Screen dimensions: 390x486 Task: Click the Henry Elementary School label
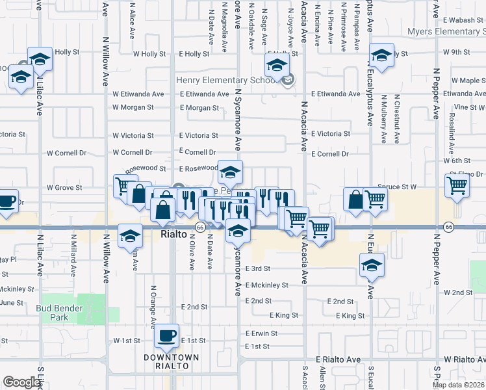tap(226, 81)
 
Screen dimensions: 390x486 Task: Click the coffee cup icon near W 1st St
tap(168, 335)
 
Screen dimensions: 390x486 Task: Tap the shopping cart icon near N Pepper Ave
tap(457, 185)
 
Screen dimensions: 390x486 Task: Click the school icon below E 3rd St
tap(371, 265)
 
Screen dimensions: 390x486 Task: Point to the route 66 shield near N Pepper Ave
tap(448, 226)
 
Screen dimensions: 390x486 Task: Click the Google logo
tap(21, 382)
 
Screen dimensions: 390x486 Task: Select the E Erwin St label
tap(261, 333)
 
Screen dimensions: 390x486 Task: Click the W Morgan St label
tap(133, 107)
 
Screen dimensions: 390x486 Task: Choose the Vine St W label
tap(470, 107)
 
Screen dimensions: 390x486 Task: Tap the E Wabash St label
tap(463, 20)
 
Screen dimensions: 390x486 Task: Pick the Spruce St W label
tap(400, 187)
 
